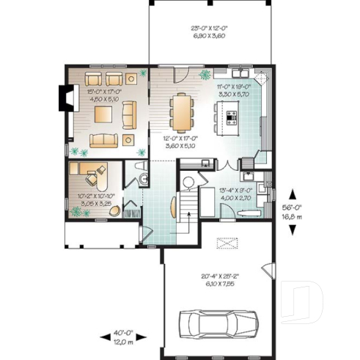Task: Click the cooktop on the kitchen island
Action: click(232, 114)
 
